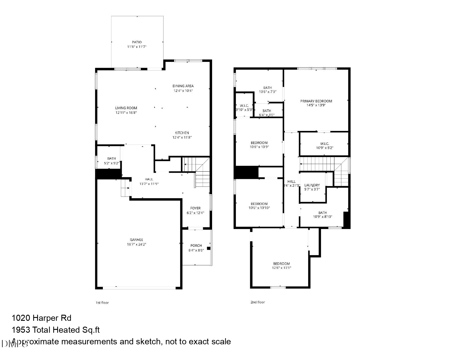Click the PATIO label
point(137,42)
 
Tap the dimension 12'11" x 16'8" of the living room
point(126,113)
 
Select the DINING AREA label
point(183,86)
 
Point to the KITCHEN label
point(182,133)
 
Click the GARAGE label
point(137,240)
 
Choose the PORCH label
point(196,246)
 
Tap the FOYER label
point(196,208)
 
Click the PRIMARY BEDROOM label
point(316,101)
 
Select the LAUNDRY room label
point(312,185)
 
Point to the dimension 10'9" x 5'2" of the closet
point(325,148)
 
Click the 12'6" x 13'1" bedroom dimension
point(282,268)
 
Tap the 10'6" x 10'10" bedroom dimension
point(259,208)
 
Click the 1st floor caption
point(102,303)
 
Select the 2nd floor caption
point(258,302)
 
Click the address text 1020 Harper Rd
point(42,318)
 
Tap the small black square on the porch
point(209,248)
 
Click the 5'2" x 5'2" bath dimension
point(112,163)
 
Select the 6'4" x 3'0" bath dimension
point(267,115)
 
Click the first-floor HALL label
point(149,179)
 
